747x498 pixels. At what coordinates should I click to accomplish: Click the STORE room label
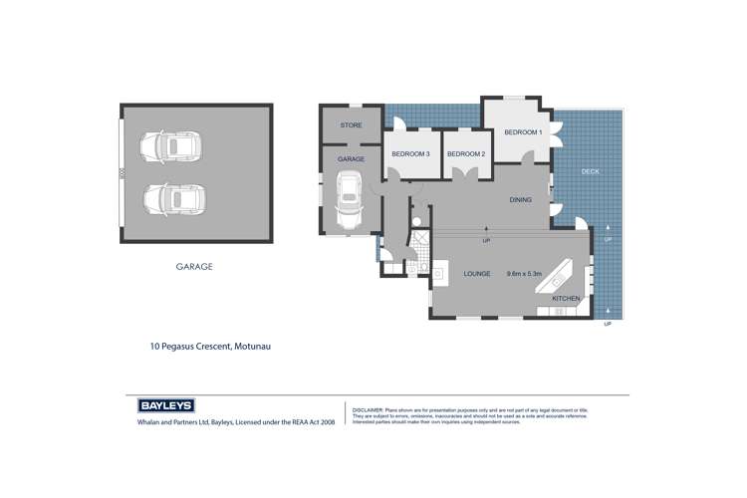[x=351, y=125]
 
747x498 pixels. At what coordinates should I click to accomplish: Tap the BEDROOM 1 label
[x=523, y=132]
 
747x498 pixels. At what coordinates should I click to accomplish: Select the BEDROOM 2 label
[x=465, y=154]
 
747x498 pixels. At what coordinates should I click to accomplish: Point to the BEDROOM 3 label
[x=410, y=154]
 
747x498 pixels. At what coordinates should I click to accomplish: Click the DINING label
[x=520, y=200]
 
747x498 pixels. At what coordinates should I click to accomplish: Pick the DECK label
[x=591, y=172]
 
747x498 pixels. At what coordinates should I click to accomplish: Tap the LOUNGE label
[x=477, y=274]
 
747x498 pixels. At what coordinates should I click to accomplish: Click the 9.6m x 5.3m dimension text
[x=524, y=274]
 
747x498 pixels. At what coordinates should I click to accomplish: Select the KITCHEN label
[x=566, y=299]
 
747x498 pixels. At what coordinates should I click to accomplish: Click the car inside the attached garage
[x=350, y=197]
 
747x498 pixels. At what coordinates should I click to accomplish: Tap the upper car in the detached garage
[x=170, y=146]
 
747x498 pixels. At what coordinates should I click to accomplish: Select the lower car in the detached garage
[x=170, y=199]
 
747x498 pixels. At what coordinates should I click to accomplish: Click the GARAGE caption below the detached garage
[x=194, y=267]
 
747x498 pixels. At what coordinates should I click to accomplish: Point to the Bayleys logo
[x=165, y=406]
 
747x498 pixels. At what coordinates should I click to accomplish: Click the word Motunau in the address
[x=251, y=347]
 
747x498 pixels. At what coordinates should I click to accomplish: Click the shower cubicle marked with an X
[x=418, y=239]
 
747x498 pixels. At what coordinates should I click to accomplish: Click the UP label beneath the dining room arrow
[x=486, y=241]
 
